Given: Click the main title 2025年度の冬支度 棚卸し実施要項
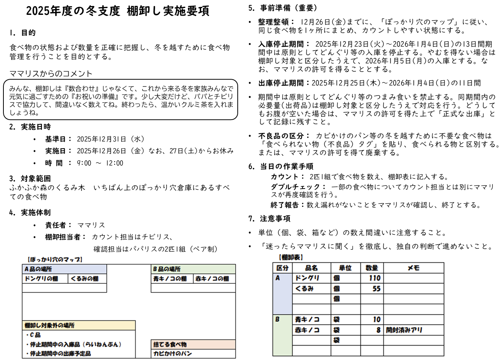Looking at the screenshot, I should point(117,11).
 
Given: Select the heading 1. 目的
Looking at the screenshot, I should point(22,33).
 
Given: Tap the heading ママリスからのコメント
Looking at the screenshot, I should point(51,74).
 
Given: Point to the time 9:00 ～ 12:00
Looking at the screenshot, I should point(100,163).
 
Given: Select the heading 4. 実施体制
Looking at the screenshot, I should point(30,213).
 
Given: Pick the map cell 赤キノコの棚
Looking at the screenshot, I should point(212,279).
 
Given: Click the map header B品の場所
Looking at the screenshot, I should point(167,269).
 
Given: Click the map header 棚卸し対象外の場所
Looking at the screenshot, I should point(50,325).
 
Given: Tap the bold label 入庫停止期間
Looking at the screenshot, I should point(284,44).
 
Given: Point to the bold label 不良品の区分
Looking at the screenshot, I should point(284,136).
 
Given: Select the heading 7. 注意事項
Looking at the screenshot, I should point(269,219).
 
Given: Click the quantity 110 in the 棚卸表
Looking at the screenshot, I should point(374,278).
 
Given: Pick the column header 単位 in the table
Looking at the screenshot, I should point(345,268).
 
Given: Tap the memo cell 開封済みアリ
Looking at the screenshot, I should point(404,330).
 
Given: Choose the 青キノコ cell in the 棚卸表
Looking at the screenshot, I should point(307,320).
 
